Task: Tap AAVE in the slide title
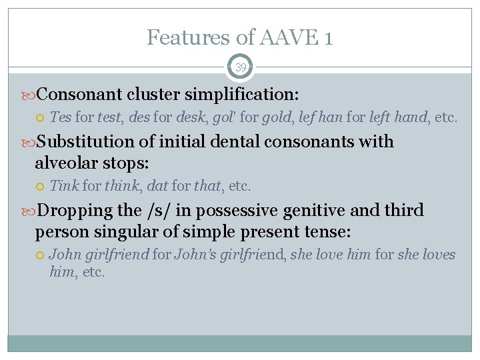click(283, 37)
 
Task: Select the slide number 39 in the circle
click(240, 67)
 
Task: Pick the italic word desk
click(191, 117)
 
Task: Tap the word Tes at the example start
click(61, 117)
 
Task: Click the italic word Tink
click(64, 186)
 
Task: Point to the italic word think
click(120, 186)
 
